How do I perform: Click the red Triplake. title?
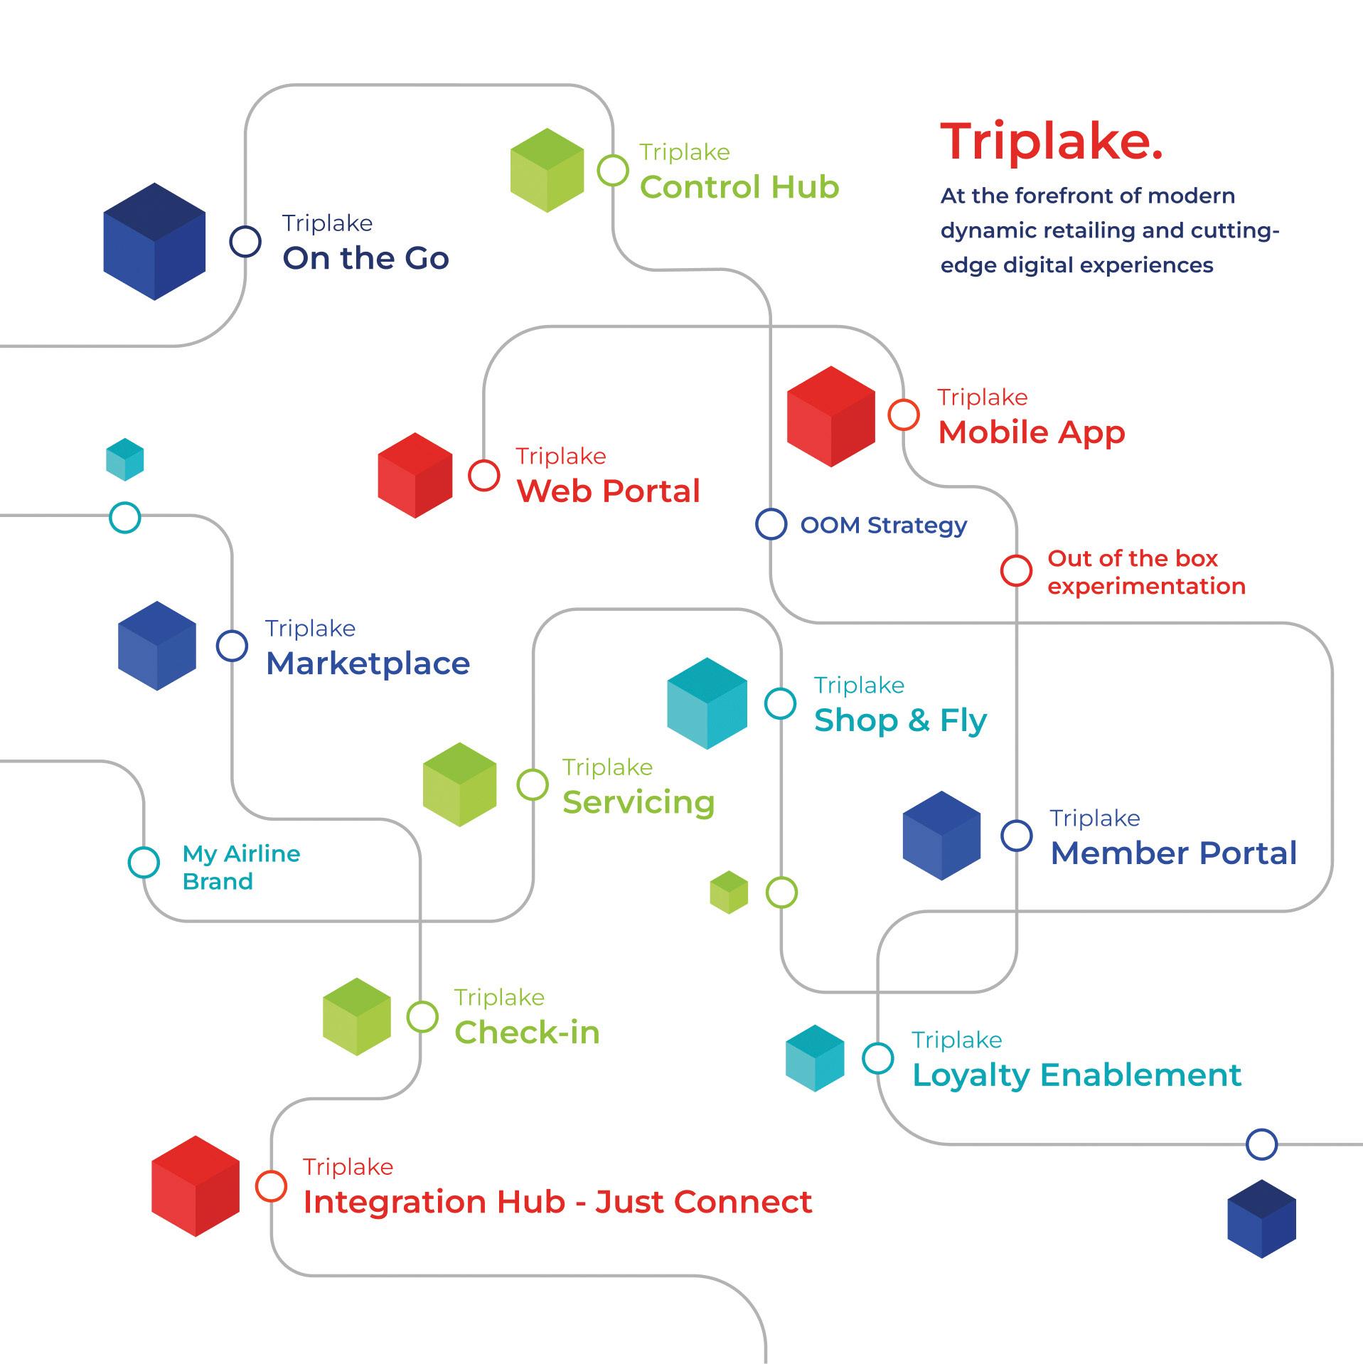click(x=1052, y=142)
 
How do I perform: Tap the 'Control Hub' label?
click(x=739, y=187)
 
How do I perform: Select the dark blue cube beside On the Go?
click(x=154, y=242)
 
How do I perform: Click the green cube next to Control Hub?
click(x=547, y=170)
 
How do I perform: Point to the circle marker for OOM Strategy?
click(x=771, y=525)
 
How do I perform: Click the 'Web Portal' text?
click(x=609, y=491)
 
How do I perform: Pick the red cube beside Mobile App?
click(x=831, y=416)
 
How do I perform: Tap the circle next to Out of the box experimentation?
click(x=1016, y=570)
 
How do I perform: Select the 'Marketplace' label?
click(x=368, y=664)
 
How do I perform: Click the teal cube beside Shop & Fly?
click(x=707, y=703)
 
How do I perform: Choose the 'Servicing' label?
click(x=638, y=802)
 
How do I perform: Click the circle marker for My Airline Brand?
click(x=144, y=862)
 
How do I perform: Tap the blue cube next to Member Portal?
click(x=941, y=836)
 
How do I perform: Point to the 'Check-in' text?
click(x=527, y=1033)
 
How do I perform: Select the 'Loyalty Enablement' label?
click(x=1076, y=1075)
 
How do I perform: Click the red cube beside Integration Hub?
click(x=196, y=1186)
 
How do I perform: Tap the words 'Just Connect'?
click(x=704, y=1203)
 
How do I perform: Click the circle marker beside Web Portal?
click(x=484, y=475)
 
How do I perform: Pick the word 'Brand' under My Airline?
click(x=218, y=882)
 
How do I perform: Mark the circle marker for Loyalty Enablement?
click(x=878, y=1058)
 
